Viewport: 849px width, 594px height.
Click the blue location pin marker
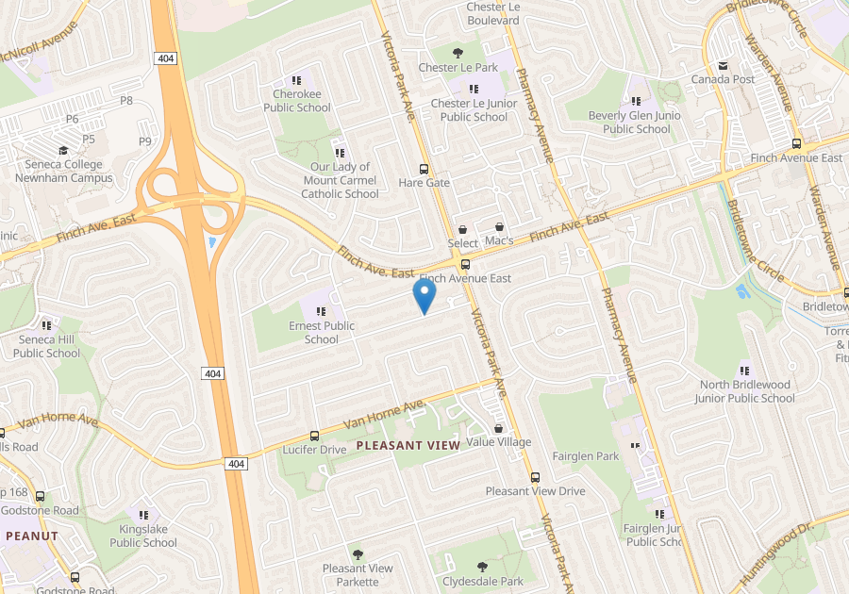point(424,297)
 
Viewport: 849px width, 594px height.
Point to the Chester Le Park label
point(458,68)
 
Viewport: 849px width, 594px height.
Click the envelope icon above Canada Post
point(724,65)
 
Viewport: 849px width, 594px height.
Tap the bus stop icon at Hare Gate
point(424,168)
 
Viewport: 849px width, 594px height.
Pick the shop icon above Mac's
point(499,227)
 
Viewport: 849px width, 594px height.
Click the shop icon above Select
point(462,229)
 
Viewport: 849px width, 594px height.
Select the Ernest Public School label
point(322,332)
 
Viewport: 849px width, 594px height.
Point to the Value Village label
point(499,442)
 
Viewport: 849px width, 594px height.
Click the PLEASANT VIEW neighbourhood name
point(408,445)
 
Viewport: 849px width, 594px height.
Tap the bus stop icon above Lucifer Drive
point(314,436)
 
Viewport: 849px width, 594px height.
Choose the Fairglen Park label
point(586,456)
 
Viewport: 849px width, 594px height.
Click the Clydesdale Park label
point(483,582)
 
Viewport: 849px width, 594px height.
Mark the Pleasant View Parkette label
point(358,574)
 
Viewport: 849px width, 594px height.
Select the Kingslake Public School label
point(143,536)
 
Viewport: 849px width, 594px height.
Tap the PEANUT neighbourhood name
point(32,536)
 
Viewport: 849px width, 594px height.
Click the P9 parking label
point(145,141)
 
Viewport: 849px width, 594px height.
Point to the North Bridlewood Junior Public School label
point(747,391)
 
